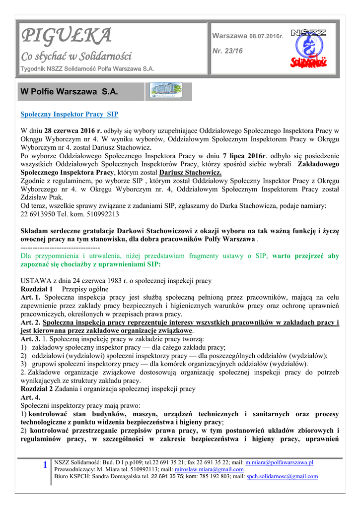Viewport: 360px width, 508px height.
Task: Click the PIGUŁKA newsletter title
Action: pos(66,36)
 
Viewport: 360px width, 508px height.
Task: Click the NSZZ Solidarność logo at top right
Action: pos(308,48)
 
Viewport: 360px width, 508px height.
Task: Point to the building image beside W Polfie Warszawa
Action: pos(166,91)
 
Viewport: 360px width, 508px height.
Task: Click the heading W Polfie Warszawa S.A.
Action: pos(69,92)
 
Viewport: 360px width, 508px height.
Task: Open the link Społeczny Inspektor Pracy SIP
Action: pos(69,114)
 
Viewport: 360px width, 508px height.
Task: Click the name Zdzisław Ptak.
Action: pos(38,197)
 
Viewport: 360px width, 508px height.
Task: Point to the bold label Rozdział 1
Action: pos(36,289)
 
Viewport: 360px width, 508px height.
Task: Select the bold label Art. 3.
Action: pos(30,339)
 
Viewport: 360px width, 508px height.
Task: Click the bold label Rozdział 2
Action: pos(36,389)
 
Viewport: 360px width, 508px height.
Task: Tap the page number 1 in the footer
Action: pos(45,465)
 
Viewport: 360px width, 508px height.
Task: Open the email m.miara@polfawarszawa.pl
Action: pos(279,462)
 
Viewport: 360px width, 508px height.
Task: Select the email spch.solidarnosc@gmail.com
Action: pos(282,476)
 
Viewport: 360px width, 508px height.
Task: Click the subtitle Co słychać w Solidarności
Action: pos(75,56)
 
